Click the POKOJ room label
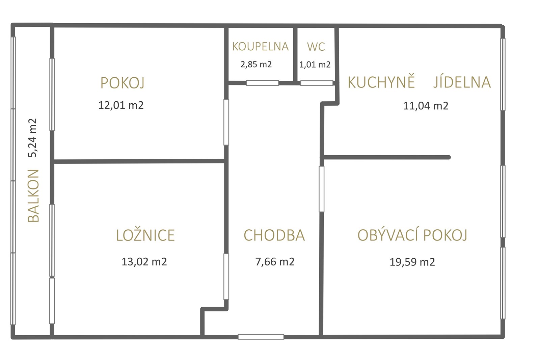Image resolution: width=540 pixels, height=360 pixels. point(123,83)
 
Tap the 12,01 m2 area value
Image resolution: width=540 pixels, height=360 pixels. point(121,105)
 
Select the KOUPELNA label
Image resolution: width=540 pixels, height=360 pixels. point(260,47)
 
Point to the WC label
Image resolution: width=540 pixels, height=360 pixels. point(316,47)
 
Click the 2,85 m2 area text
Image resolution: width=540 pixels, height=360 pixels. point(256,65)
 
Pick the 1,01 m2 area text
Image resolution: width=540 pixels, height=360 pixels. point(315,65)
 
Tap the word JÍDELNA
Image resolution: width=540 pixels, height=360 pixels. point(462,82)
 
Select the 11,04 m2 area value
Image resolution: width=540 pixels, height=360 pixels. point(426,106)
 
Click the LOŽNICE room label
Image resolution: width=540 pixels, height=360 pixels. point(145,235)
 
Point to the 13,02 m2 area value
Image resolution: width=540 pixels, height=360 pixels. point(144,262)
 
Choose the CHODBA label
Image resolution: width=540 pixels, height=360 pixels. point(274,235)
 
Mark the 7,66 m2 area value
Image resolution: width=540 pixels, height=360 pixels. point(275,262)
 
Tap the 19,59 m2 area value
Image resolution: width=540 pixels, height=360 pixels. point(412,262)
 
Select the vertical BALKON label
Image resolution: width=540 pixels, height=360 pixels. point(33,196)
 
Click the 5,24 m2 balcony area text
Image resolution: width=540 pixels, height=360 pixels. point(32,138)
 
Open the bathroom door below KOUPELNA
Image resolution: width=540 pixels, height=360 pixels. point(262,83)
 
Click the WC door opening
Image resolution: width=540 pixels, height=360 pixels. point(317,83)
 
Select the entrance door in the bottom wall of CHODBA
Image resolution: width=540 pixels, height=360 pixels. point(261,337)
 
